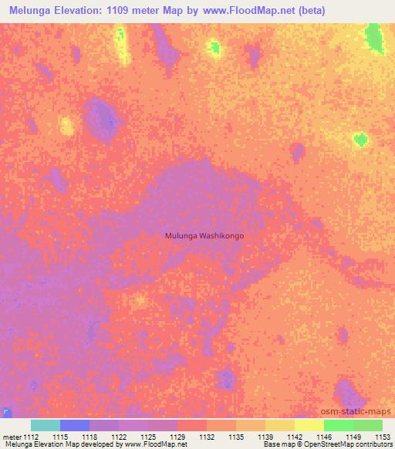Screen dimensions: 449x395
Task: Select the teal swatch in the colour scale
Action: click(x=45, y=425)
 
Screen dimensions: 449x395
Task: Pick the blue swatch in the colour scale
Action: click(x=74, y=425)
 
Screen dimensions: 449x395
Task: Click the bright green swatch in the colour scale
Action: click(x=338, y=425)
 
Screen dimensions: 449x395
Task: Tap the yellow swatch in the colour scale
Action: click(x=309, y=425)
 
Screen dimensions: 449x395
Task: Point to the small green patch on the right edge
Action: click(x=360, y=140)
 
